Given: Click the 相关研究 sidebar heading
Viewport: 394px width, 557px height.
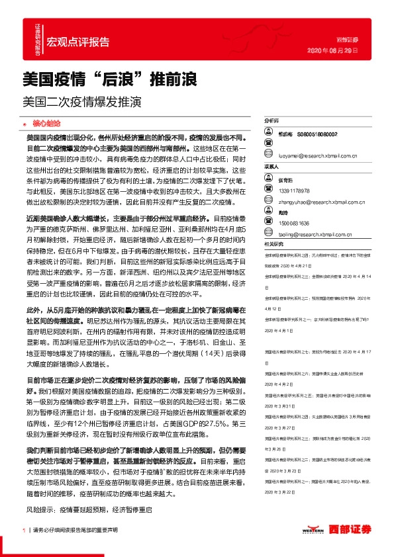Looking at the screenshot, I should pos(273,243).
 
